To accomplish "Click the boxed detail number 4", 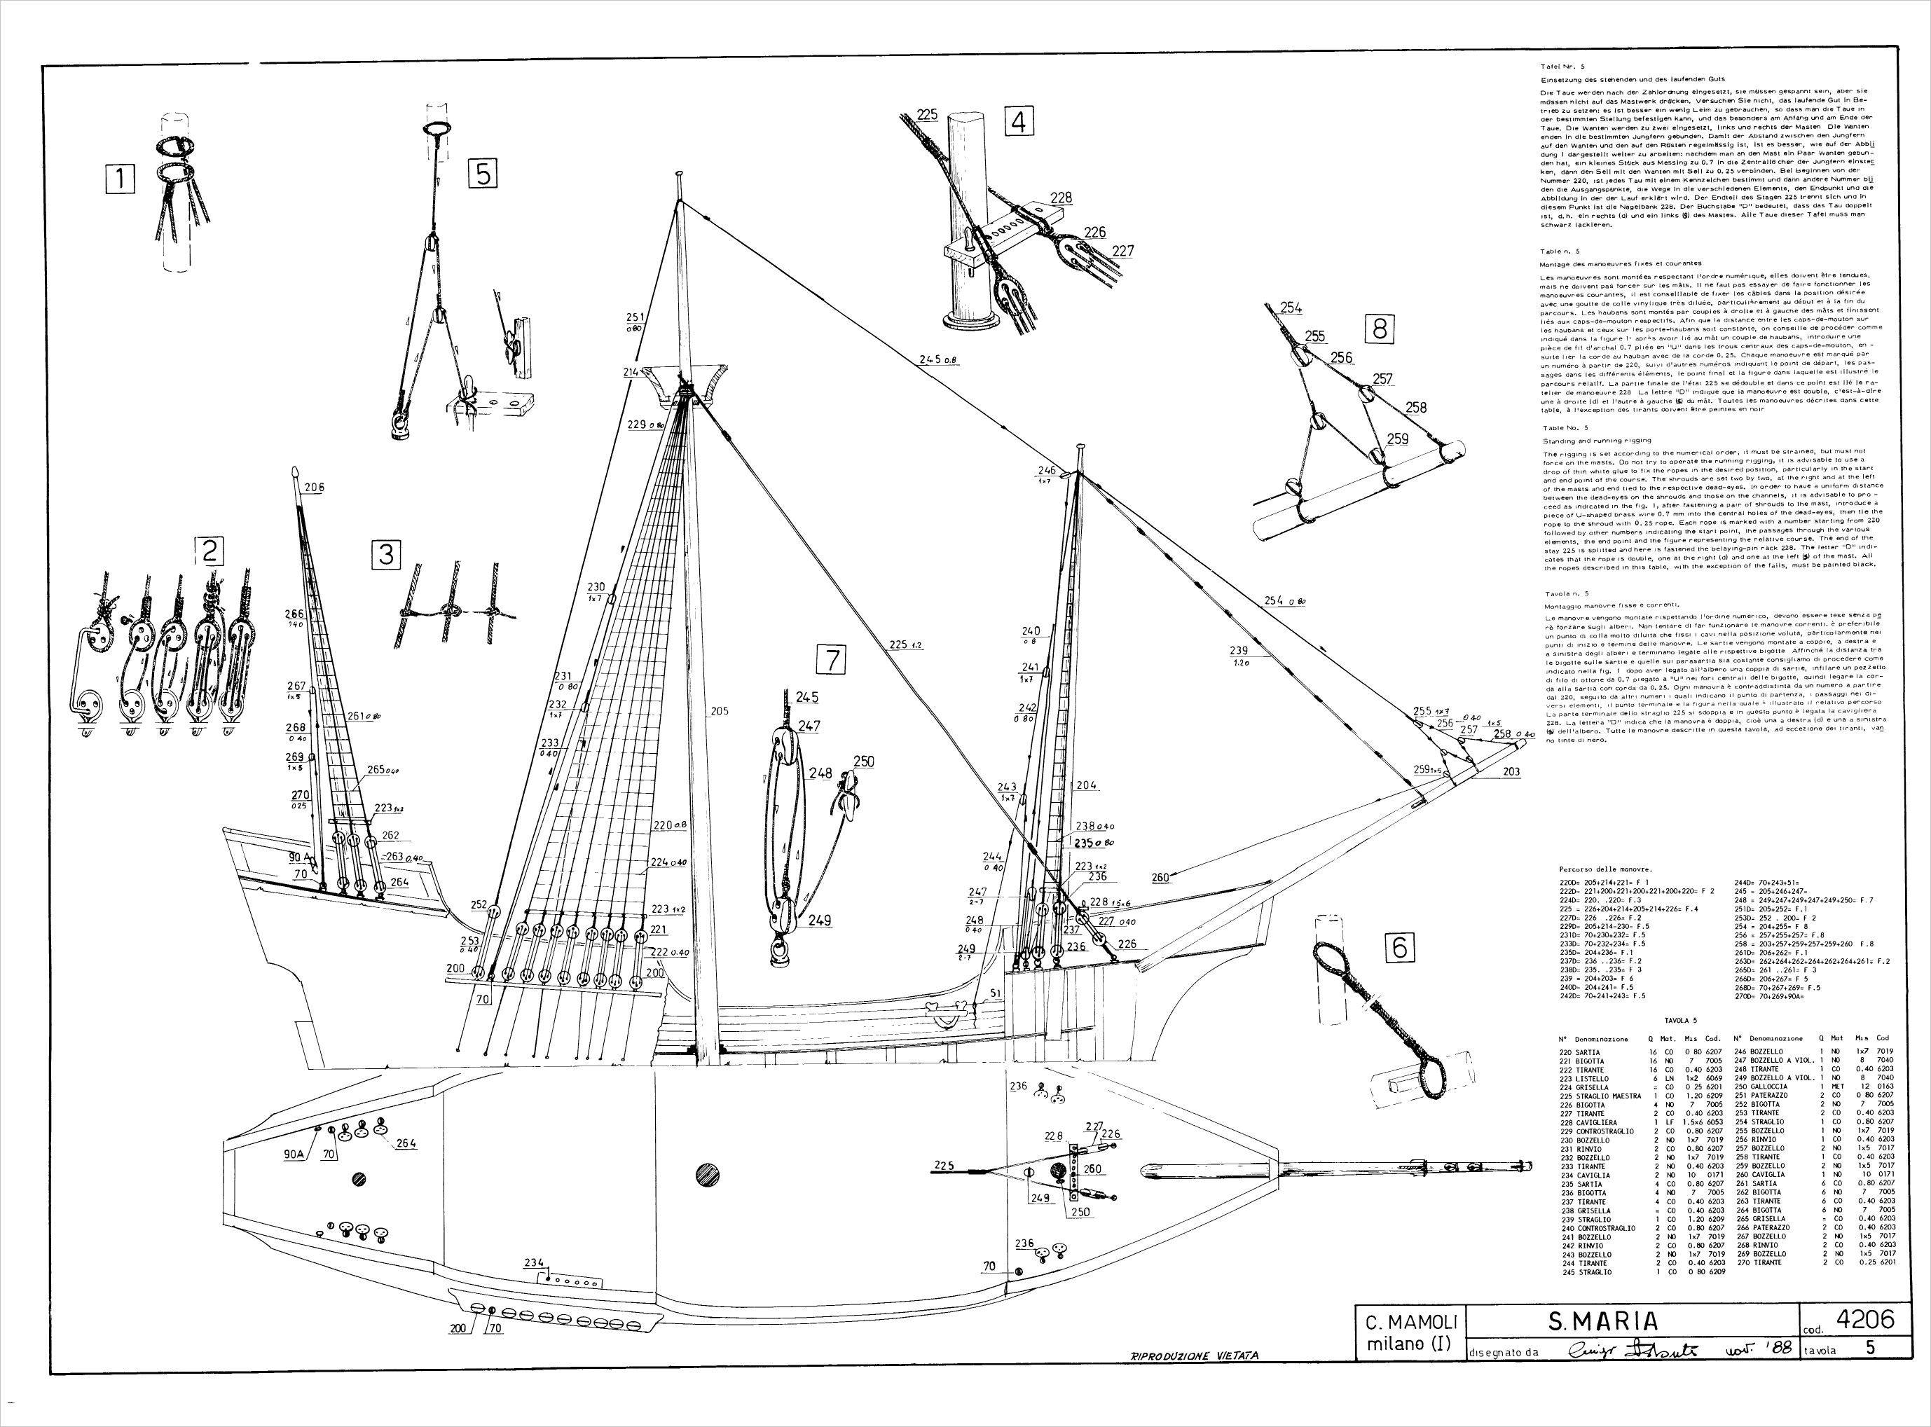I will (1019, 122).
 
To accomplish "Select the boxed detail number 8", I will (1380, 329).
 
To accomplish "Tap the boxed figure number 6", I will (1400, 948).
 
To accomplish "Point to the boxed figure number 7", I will (831, 660).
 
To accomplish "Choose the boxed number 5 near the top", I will (483, 174).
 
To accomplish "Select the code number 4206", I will (1864, 1319).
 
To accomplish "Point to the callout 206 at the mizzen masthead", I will (315, 487).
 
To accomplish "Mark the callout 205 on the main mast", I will (719, 711).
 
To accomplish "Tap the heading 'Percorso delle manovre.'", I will (1604, 869).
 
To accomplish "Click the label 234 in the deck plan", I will (534, 1263).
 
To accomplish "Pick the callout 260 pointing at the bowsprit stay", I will (1160, 878).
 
